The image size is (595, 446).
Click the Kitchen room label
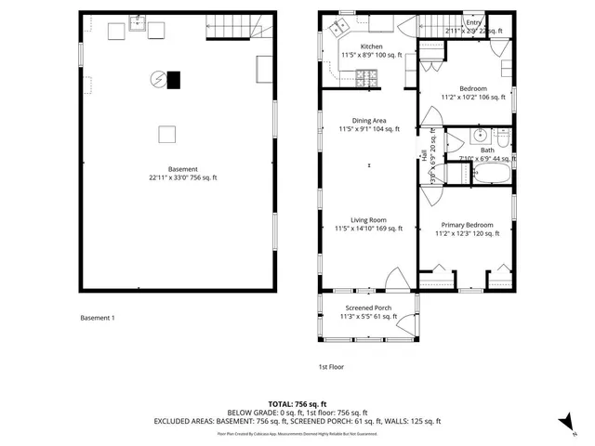point(371,46)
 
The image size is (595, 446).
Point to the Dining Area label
point(369,121)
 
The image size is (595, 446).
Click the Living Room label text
point(369,220)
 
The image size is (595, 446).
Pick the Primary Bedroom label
point(468,225)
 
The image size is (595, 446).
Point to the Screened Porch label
point(368,308)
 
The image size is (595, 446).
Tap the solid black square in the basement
point(174,80)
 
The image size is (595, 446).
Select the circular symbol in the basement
point(159,80)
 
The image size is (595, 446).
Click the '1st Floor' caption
point(331,366)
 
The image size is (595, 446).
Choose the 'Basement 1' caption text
point(98,318)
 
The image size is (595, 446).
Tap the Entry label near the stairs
point(474,22)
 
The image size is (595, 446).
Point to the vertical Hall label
point(423,154)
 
